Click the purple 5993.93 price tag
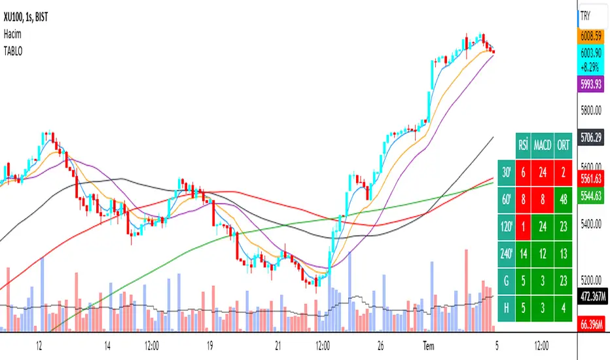592,84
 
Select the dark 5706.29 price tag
592,138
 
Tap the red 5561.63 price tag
592,179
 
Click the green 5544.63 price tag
592,194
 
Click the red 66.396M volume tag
592,323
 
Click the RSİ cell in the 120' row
523,225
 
